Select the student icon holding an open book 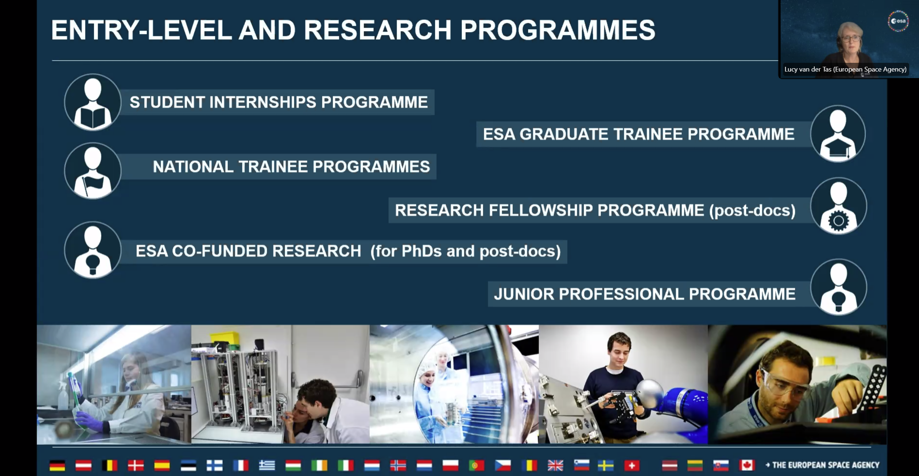point(93,102)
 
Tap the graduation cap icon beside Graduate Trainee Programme point(838,134)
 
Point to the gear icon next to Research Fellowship point(838,206)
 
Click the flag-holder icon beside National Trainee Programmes point(93,171)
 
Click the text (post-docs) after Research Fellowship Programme point(752,211)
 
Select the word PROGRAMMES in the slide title point(558,30)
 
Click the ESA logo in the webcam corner point(898,21)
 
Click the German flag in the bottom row point(57,465)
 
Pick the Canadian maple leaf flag point(747,465)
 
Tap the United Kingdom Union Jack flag point(555,465)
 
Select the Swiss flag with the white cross point(632,465)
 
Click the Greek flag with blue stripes point(267,465)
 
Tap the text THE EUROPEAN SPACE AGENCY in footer point(826,465)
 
